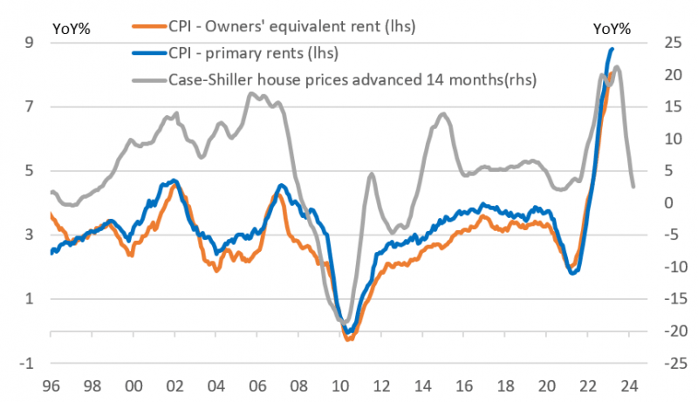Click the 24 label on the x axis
pos(631,385)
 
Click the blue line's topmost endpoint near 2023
pos(612,49)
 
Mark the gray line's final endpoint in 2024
pos(633,187)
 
